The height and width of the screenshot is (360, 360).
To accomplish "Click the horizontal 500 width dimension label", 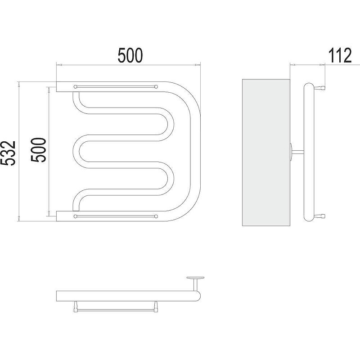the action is point(130,55).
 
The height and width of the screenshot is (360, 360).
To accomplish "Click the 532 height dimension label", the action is point(8,153).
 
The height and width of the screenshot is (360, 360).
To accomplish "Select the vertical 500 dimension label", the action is point(39,150).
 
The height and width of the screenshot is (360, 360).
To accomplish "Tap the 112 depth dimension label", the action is point(340,55).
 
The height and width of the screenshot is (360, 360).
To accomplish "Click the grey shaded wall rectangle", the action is point(266,153).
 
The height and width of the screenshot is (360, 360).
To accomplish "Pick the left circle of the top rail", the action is point(75,87).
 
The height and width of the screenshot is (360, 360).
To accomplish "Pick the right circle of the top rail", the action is point(156,87).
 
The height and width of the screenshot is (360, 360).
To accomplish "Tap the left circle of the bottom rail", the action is point(75,216).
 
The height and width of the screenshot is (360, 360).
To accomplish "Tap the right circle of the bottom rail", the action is point(156,216).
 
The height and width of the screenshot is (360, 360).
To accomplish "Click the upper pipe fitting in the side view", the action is point(320,87).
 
